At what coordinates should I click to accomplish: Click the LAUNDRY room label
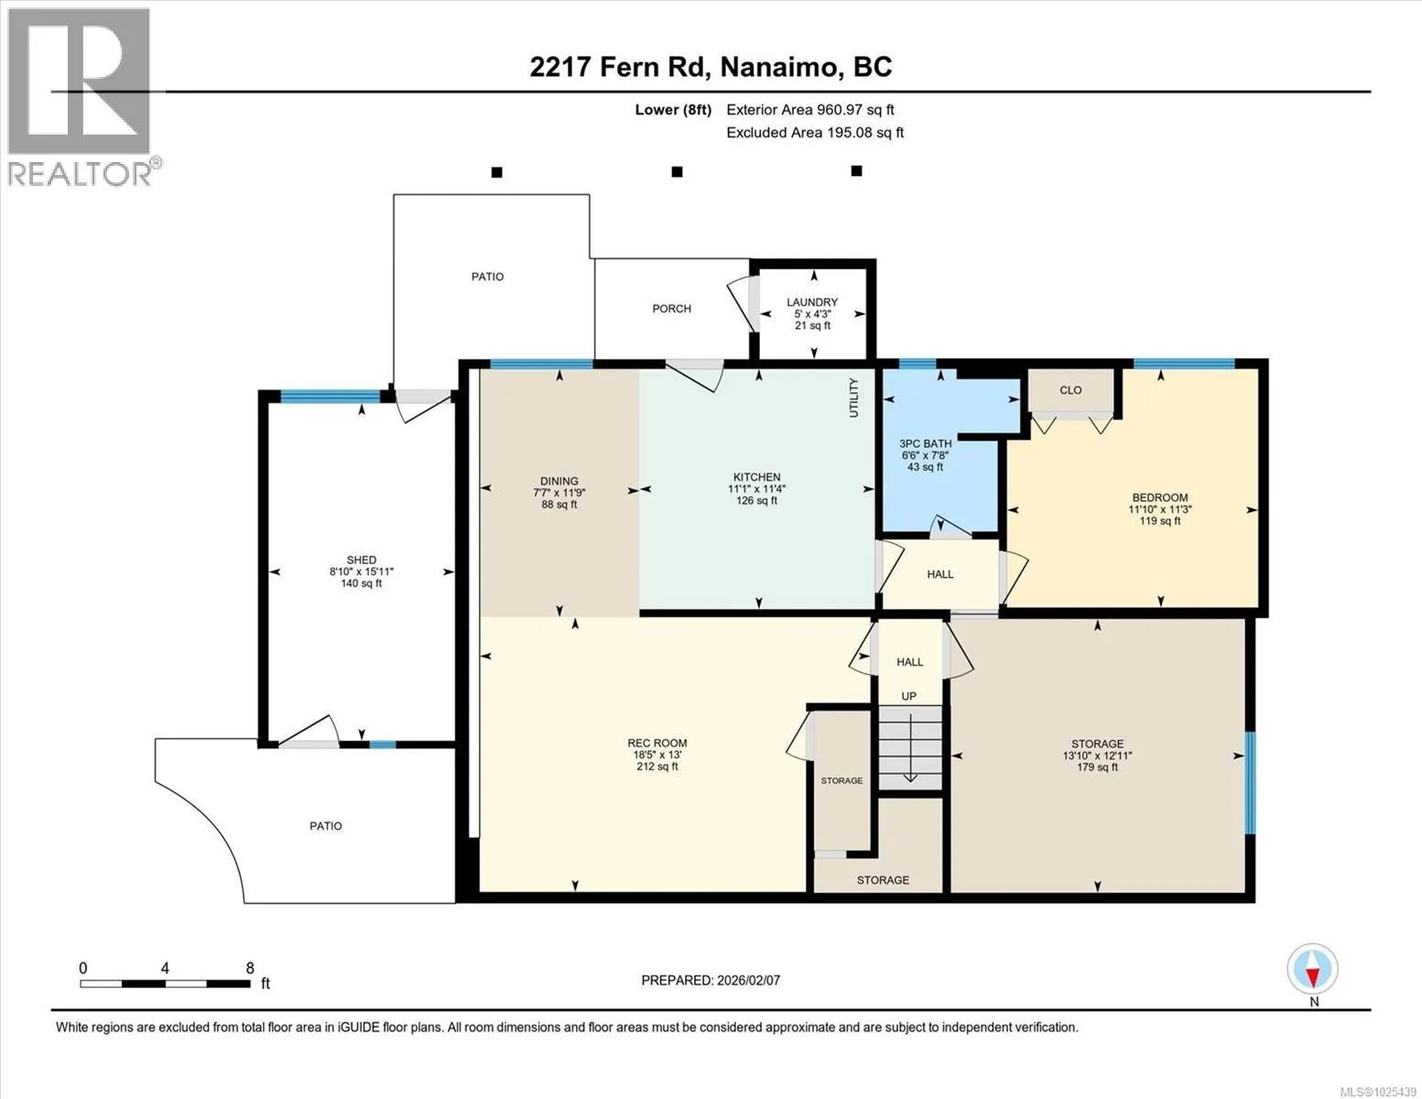tap(811, 301)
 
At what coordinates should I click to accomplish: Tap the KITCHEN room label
tap(756, 477)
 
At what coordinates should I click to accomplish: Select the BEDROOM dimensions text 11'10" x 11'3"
tap(1159, 509)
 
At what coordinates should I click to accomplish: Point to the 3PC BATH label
tap(925, 443)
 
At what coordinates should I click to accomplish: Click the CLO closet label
tap(1070, 390)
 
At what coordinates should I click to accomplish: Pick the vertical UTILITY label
tap(853, 397)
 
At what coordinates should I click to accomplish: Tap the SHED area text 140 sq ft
tap(362, 583)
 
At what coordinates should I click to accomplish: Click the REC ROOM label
tap(657, 743)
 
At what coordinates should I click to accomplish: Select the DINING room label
tap(559, 481)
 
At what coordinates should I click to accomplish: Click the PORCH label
tap(671, 309)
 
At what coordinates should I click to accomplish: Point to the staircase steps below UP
tap(909, 747)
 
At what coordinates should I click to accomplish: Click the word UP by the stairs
tap(909, 696)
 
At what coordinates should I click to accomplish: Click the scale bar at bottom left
tap(166, 984)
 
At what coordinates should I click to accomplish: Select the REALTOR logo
tap(81, 97)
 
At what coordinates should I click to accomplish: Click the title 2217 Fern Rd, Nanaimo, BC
tap(711, 67)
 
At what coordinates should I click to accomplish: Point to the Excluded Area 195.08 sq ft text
tap(815, 132)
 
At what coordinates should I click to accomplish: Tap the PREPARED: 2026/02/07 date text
tap(711, 981)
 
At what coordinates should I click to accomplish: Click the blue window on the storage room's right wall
tap(1250, 783)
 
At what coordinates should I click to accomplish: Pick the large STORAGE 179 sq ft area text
tap(1098, 767)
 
